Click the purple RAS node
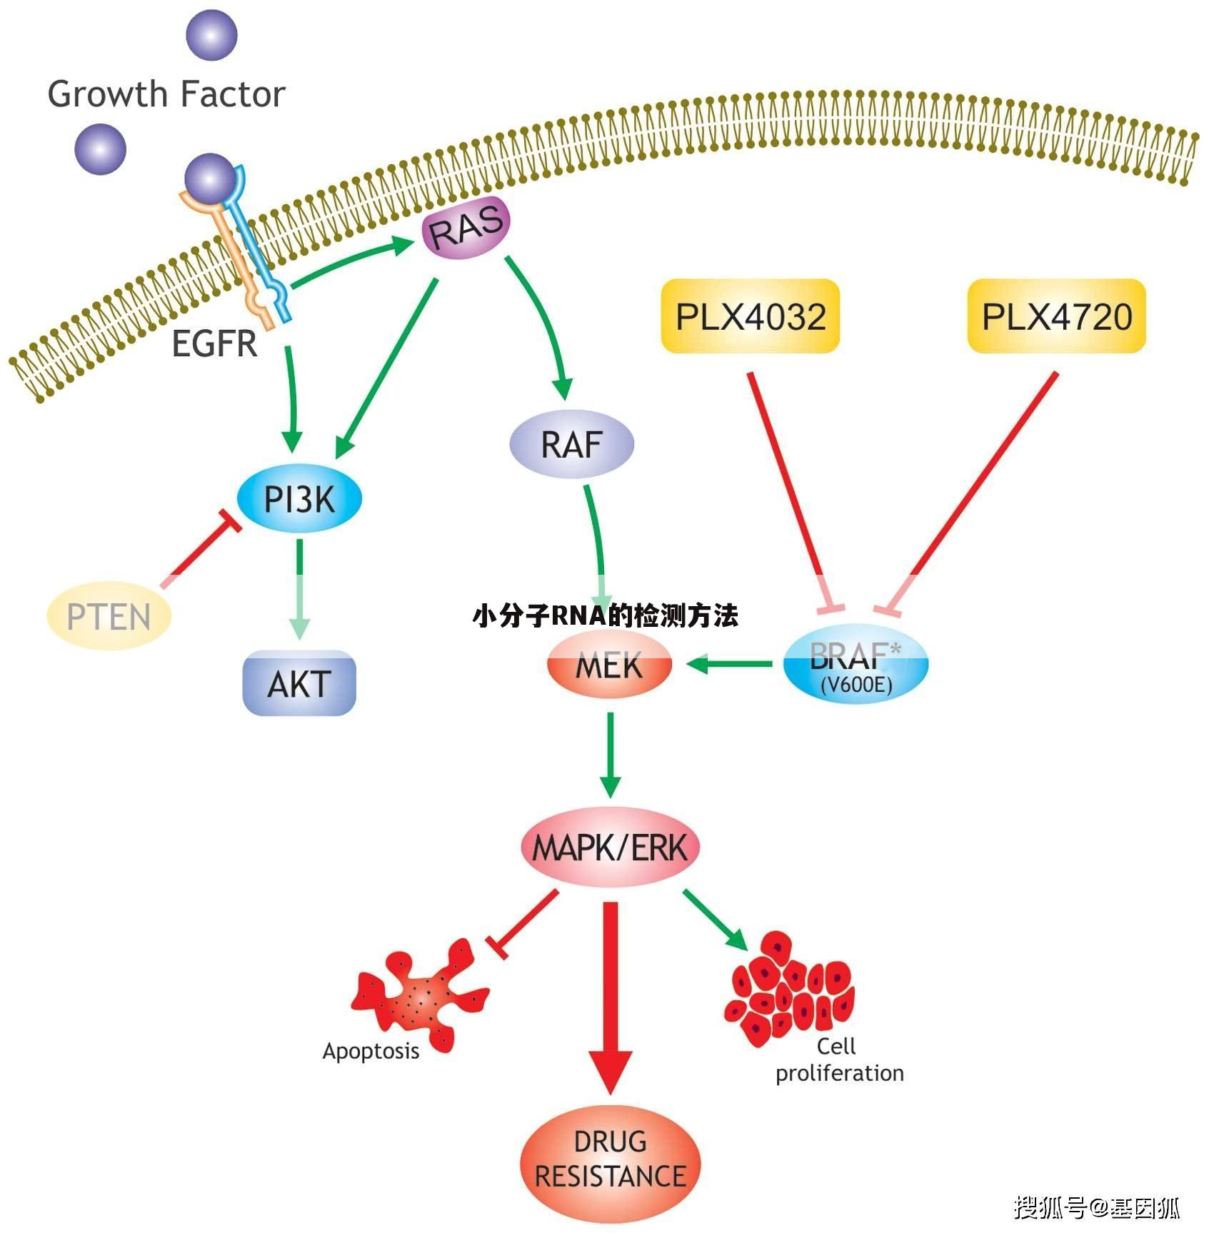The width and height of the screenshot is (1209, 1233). click(x=466, y=228)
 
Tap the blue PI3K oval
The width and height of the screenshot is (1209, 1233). click(x=299, y=498)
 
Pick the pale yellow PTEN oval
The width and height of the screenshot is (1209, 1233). click(x=109, y=616)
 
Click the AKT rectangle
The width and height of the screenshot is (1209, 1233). click(x=299, y=683)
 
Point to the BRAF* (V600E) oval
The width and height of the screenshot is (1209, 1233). click(x=856, y=665)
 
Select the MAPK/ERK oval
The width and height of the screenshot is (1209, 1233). click(x=610, y=847)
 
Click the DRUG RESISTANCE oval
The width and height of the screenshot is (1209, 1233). click(x=610, y=1158)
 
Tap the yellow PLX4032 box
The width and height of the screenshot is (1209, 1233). click(x=750, y=316)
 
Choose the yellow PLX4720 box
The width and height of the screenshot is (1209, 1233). click(x=1056, y=316)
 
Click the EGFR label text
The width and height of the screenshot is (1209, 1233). click(x=214, y=343)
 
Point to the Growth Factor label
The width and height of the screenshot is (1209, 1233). click(x=166, y=94)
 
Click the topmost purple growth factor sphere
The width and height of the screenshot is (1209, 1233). click(x=211, y=34)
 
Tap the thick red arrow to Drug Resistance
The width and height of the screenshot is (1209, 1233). click(x=610, y=1000)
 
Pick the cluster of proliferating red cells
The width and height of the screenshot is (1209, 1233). click(x=789, y=989)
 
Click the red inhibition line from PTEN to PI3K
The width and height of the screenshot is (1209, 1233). click(x=200, y=551)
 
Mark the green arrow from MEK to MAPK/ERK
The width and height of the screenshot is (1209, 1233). click(x=610, y=753)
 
